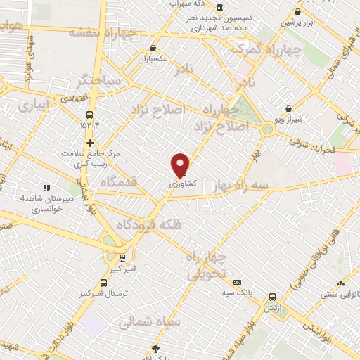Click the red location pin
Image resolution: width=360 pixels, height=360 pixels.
click(181, 165)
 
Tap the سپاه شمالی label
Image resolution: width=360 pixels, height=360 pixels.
click(149, 321)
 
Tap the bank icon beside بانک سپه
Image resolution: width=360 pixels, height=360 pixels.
click(237, 281)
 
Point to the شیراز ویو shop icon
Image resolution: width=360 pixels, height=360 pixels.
click(288, 109)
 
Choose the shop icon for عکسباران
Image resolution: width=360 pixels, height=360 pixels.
click(153, 49)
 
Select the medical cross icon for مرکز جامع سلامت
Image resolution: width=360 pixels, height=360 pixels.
click(90, 143)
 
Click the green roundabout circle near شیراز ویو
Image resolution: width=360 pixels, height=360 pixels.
click(267, 129)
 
